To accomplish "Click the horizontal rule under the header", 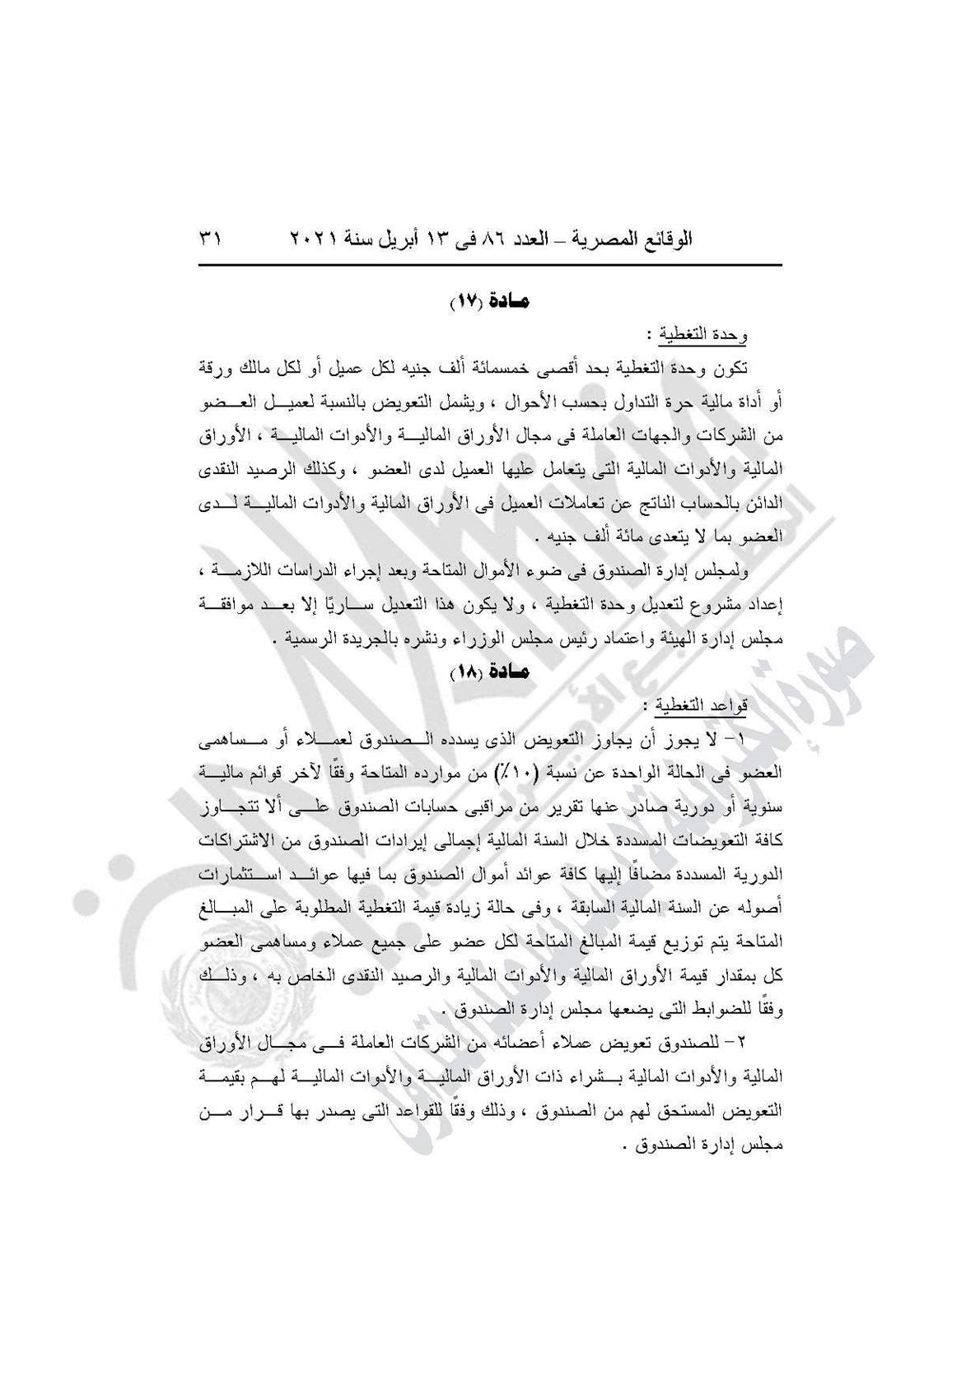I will tap(489, 266).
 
